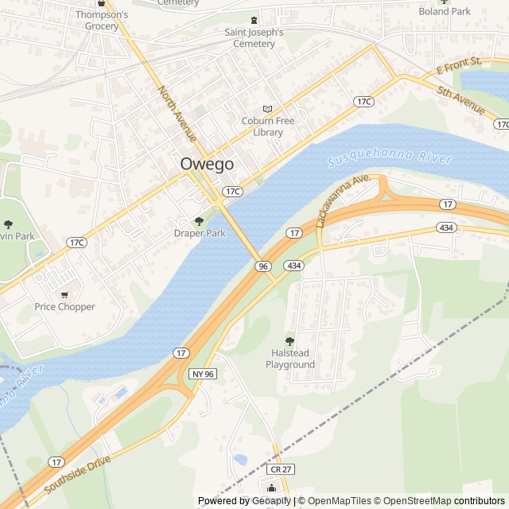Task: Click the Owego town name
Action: tap(207, 164)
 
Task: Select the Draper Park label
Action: tap(200, 233)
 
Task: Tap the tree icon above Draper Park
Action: tap(199, 220)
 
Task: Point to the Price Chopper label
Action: tap(64, 306)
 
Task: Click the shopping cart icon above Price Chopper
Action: tap(64, 293)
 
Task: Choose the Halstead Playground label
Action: tap(290, 359)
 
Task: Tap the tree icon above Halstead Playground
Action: tap(289, 340)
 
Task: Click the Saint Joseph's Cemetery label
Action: tap(254, 38)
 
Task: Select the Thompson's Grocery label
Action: tap(103, 21)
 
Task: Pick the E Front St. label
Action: tap(460, 66)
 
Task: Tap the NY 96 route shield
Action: tap(204, 374)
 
